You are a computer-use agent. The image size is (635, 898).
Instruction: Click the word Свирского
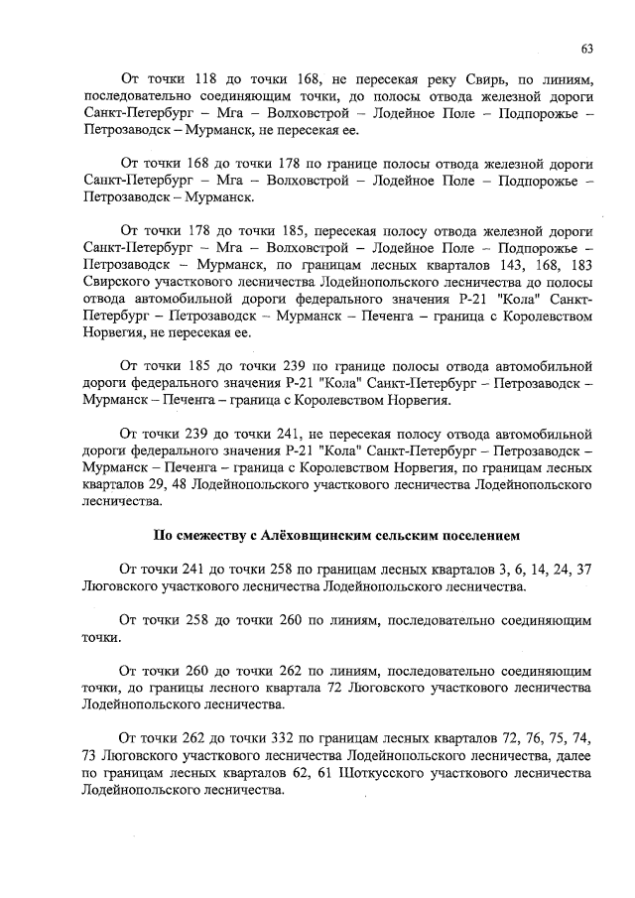click(122, 283)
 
